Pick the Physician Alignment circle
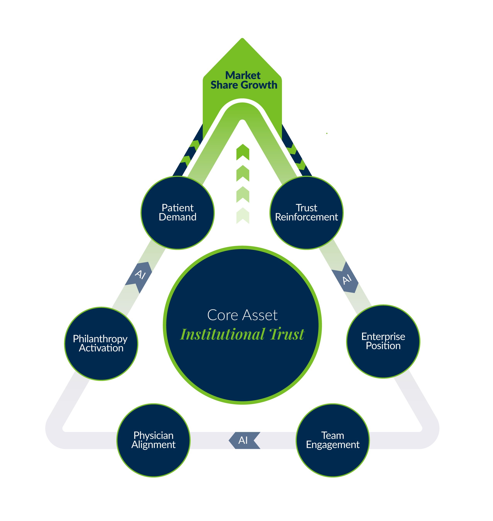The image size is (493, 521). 154,440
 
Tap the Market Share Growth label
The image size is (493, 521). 244,80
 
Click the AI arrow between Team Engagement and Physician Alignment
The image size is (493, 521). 244,440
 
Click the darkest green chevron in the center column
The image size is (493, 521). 243,152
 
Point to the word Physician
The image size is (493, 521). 154,435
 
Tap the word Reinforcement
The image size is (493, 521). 306,217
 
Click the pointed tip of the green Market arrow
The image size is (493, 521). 242,38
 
